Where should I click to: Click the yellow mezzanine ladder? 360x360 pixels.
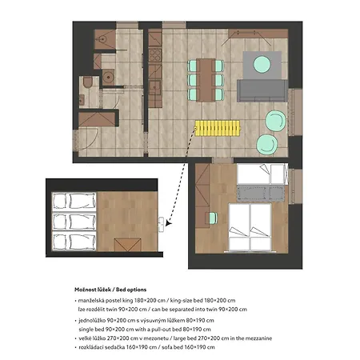[x=218, y=128]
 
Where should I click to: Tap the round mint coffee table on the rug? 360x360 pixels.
[x=262, y=64]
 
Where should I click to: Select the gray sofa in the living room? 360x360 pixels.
[x=262, y=90]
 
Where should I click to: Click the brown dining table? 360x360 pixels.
[x=206, y=80]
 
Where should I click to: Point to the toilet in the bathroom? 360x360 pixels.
[x=87, y=82]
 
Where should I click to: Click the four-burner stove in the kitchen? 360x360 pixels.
[x=155, y=55]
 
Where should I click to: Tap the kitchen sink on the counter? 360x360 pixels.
[x=154, y=87]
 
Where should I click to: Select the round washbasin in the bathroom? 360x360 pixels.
[x=109, y=77]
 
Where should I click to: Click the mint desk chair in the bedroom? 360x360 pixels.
[x=213, y=218]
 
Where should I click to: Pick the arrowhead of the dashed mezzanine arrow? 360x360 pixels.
[x=168, y=222]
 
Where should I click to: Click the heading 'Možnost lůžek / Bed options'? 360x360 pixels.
[x=110, y=290]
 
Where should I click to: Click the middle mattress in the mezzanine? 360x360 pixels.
[x=74, y=222]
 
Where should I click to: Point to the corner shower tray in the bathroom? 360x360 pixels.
[x=105, y=39]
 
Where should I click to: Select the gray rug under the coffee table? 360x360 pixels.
[x=262, y=66]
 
